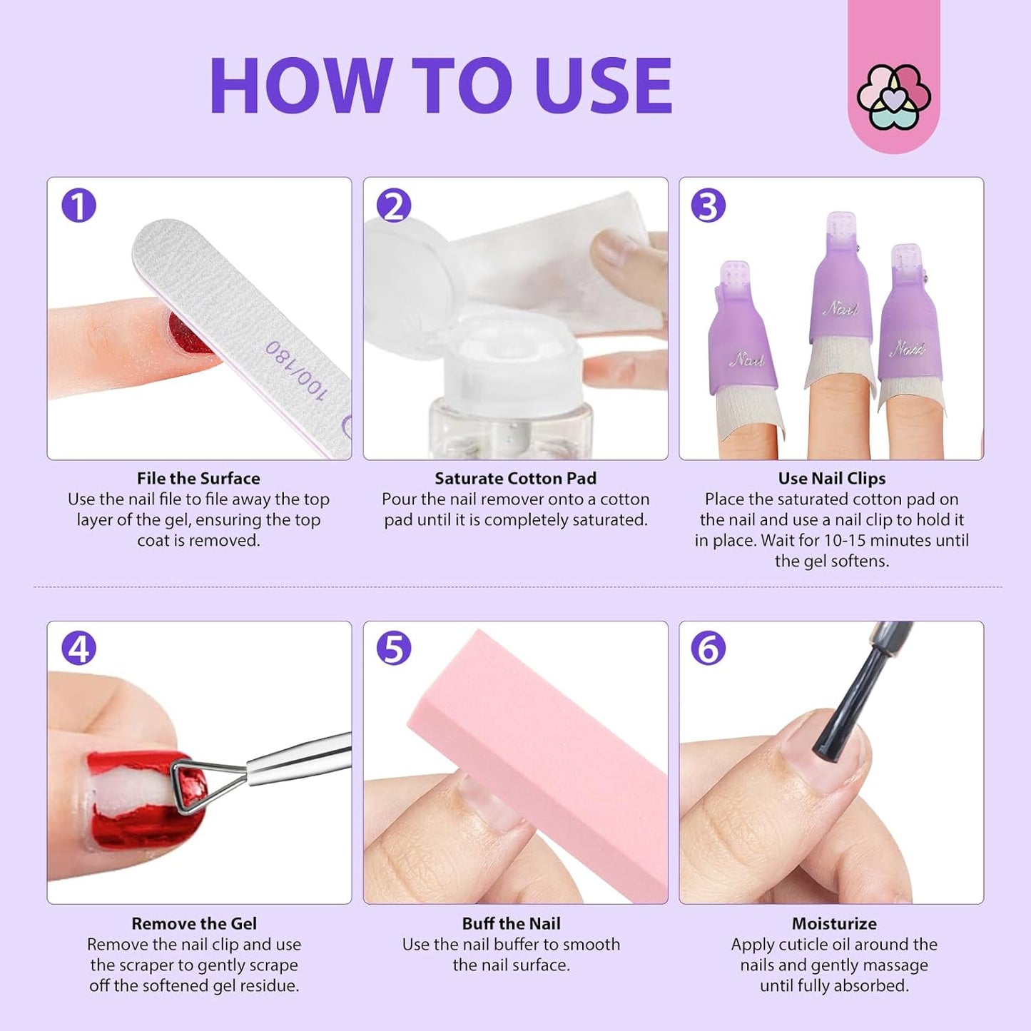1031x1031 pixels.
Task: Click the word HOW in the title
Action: [300, 86]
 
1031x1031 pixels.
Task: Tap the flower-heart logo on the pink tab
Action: [893, 97]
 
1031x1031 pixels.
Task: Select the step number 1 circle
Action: [78, 205]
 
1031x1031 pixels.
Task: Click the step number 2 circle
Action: [394, 205]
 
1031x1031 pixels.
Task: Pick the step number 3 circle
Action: [708, 205]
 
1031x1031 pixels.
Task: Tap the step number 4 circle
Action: [78, 649]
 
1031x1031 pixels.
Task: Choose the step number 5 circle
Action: [394, 649]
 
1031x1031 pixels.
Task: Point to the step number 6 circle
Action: [708, 649]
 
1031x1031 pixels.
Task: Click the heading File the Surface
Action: [198, 478]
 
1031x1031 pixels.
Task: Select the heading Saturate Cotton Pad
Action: [515, 478]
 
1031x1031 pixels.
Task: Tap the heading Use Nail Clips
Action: [831, 478]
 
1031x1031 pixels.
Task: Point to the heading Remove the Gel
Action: [193, 923]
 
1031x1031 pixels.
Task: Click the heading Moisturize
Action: [833, 923]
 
